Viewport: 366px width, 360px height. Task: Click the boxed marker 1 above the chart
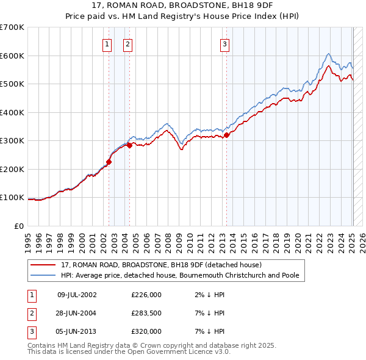(x=107, y=43)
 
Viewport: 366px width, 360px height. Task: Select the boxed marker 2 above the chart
(x=127, y=43)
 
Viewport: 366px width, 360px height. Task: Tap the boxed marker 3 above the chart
(x=224, y=43)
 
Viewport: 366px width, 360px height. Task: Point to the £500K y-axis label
(x=12, y=84)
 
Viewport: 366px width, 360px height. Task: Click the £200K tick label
(x=12, y=169)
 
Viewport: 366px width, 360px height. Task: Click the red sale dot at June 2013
(x=226, y=135)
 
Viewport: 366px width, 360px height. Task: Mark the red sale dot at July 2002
(x=109, y=162)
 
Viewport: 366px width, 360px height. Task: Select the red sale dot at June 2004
(x=129, y=145)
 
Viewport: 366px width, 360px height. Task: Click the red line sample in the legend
(x=43, y=265)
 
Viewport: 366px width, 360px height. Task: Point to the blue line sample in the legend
(x=43, y=275)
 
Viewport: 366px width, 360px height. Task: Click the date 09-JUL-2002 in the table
(x=77, y=295)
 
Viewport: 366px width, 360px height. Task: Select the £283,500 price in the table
(x=146, y=313)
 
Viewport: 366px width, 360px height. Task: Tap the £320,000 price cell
(x=146, y=331)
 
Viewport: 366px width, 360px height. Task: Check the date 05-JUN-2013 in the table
(x=77, y=331)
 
